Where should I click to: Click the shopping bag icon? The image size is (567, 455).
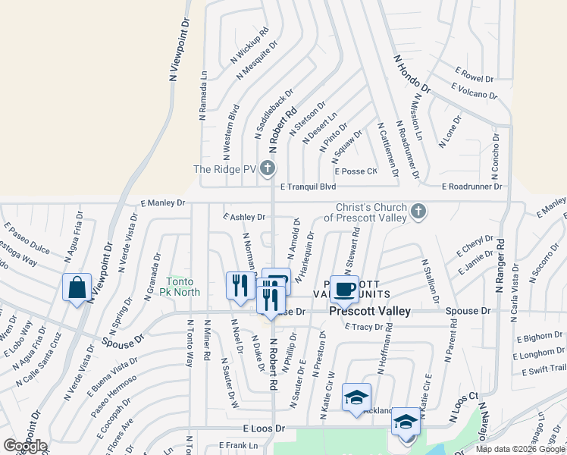click(x=77, y=287)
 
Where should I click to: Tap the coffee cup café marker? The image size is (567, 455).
click(x=345, y=289)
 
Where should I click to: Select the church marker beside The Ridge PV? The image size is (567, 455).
click(x=267, y=168)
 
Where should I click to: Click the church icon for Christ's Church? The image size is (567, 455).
click(x=418, y=212)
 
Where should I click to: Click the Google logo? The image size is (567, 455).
click(x=25, y=446)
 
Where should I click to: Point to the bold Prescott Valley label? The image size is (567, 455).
click(x=370, y=312)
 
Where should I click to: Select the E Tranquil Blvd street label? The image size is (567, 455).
click(x=308, y=187)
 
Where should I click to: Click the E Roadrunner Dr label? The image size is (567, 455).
click(x=472, y=187)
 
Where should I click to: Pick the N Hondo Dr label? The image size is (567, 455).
click(x=412, y=74)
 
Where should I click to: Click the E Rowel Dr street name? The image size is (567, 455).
click(x=475, y=76)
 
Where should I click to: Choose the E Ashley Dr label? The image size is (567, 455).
click(x=244, y=217)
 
